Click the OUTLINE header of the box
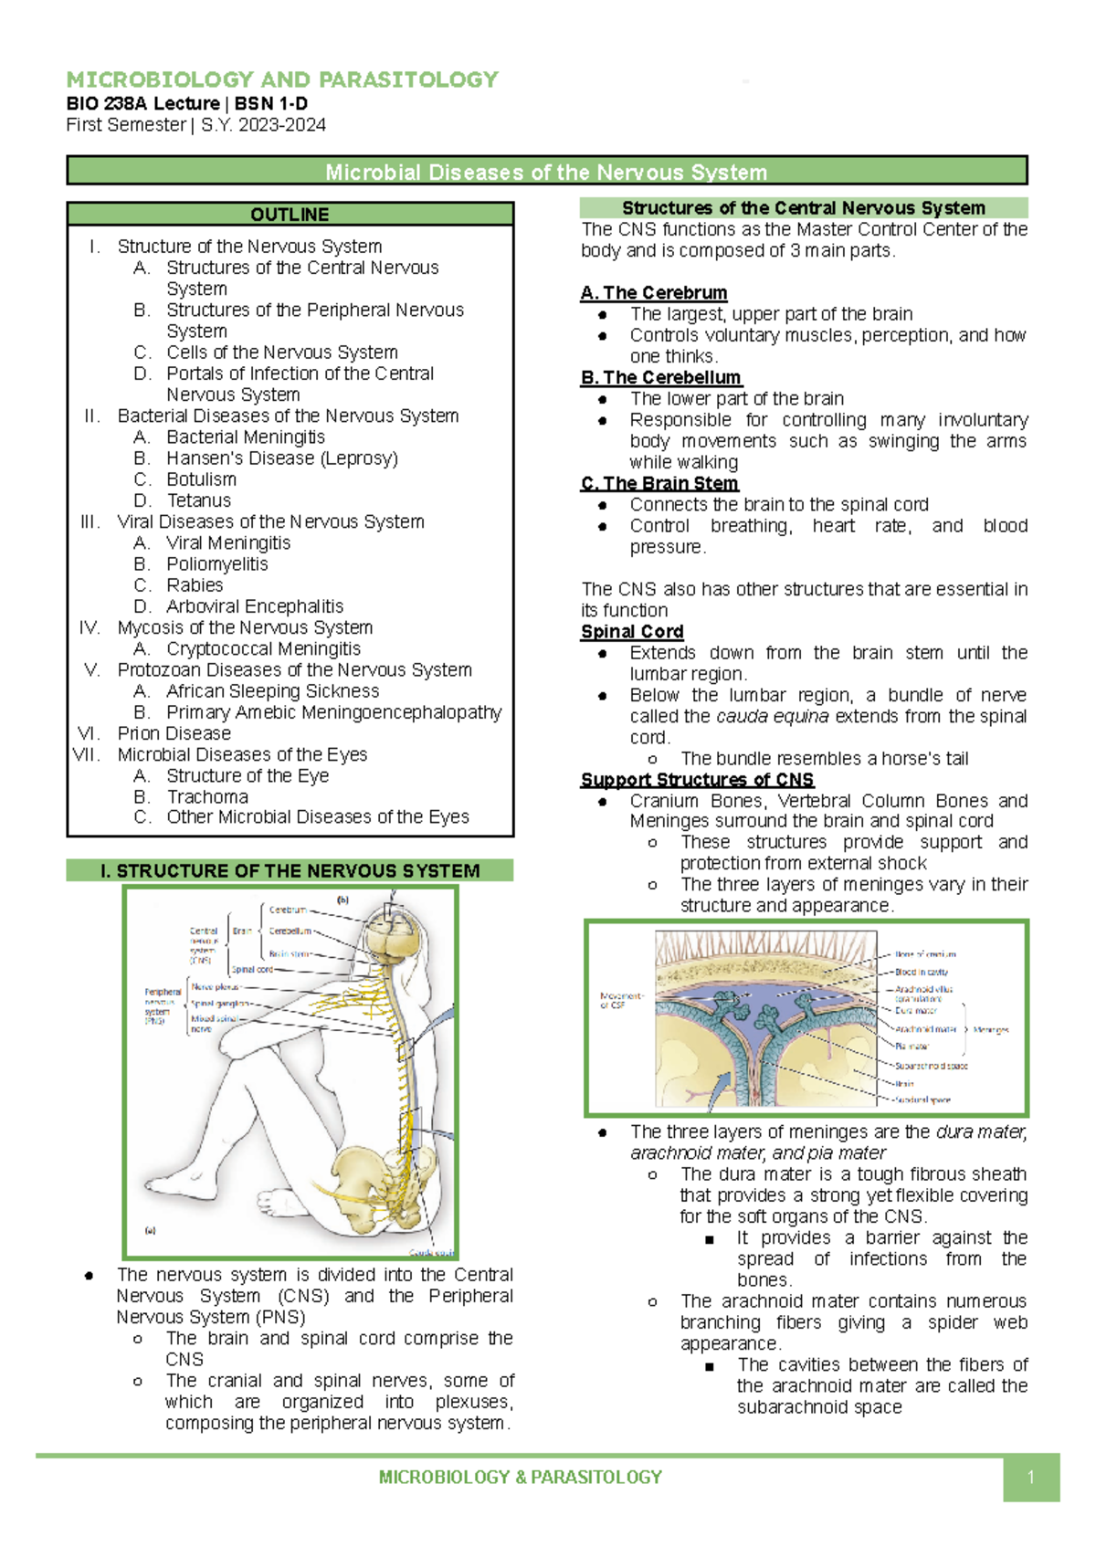tap(290, 215)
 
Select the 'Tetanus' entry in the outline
tap(198, 500)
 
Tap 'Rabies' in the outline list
tap(195, 585)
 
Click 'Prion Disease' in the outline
tap(174, 733)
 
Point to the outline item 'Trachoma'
tap(207, 796)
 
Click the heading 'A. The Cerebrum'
tap(654, 293)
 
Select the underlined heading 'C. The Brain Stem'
tap(659, 483)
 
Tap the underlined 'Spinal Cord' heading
tap(632, 632)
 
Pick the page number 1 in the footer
tap(1030, 1478)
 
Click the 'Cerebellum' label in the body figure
tap(290, 931)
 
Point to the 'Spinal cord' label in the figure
tap(252, 970)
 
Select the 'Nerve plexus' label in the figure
tap(215, 987)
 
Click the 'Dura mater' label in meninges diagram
tap(916, 1011)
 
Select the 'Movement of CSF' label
tap(621, 1001)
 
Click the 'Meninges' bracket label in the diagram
tap(991, 1029)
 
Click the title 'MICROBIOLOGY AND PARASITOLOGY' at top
tap(282, 79)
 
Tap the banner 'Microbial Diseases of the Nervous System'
tap(546, 172)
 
